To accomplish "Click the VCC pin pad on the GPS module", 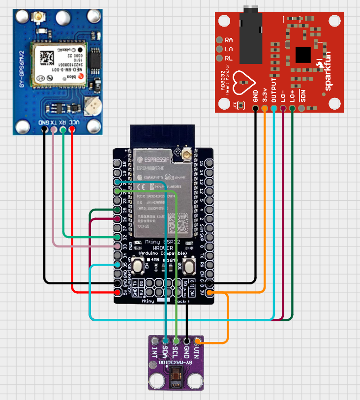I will point(72,129).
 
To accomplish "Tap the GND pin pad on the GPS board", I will point(45,129).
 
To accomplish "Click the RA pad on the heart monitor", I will point(219,40).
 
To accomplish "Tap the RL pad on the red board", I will point(219,58).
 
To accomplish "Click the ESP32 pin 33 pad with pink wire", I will point(118,246).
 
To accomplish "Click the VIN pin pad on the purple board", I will point(197,340).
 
